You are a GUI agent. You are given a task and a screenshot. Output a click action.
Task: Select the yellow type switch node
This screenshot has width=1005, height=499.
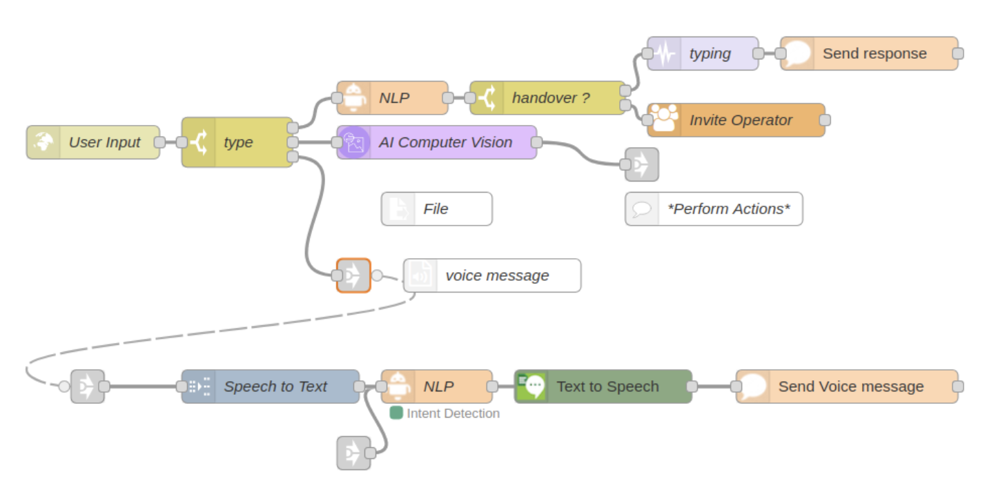tap(237, 142)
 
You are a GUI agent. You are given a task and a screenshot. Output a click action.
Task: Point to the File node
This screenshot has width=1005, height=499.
tap(437, 209)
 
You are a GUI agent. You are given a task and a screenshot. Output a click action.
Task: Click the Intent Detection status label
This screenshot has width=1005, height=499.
tap(453, 413)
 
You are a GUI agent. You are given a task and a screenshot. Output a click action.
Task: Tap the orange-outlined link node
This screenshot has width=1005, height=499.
tap(353, 275)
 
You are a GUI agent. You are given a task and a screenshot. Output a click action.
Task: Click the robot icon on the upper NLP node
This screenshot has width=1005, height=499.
tap(354, 98)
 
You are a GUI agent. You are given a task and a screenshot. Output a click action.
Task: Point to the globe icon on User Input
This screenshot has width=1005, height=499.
tap(43, 142)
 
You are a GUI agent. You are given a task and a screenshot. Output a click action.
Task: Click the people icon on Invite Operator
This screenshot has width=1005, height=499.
tap(665, 120)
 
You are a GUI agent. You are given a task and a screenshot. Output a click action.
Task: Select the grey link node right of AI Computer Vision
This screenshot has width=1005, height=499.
tap(642, 164)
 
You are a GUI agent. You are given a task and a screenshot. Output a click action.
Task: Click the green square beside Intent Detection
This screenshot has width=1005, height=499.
tap(396, 413)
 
